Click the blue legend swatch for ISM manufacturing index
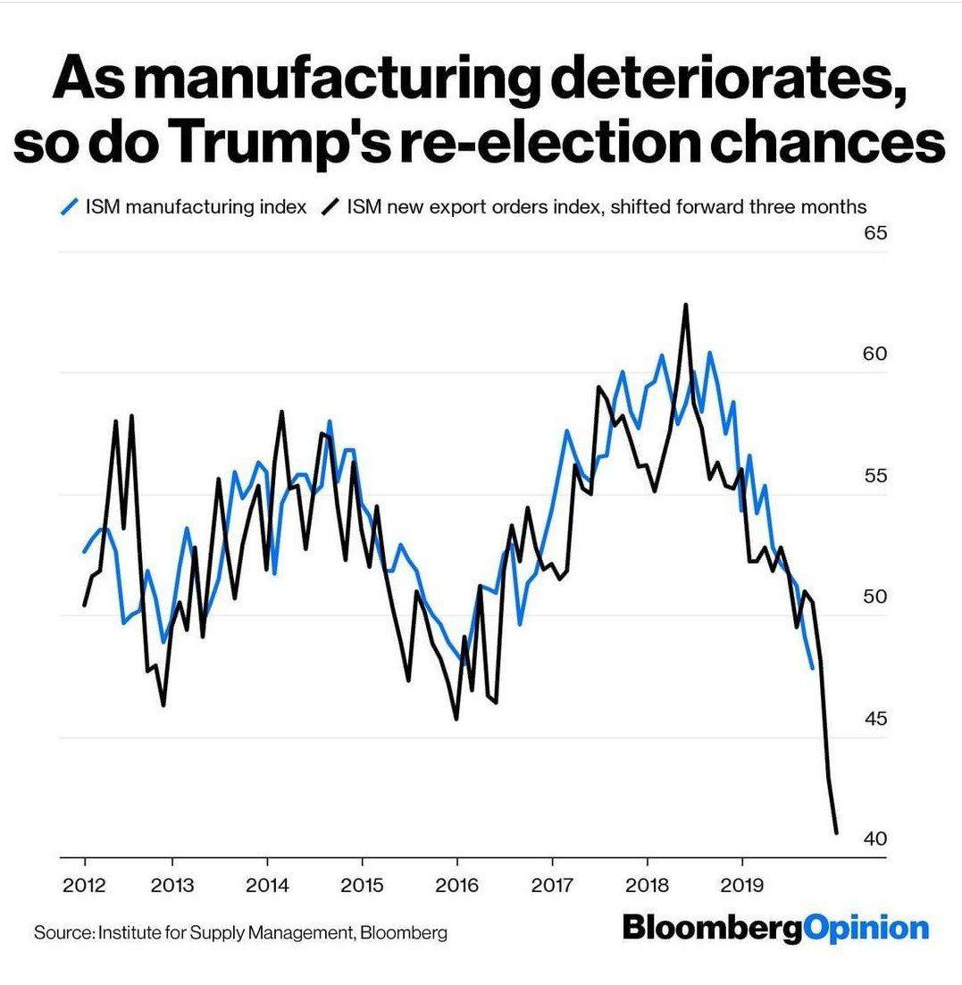pyautogui.click(x=69, y=207)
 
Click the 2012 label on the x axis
pyautogui.click(x=85, y=886)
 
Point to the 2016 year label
pyautogui.click(x=456, y=886)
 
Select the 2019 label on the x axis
pyautogui.click(x=740, y=886)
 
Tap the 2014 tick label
pyautogui.click(x=267, y=886)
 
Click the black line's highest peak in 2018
pyautogui.click(x=686, y=305)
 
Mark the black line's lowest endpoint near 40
pyautogui.click(x=837, y=833)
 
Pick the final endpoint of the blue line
pyautogui.click(x=812, y=667)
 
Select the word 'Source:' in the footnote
pyautogui.click(x=63, y=933)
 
